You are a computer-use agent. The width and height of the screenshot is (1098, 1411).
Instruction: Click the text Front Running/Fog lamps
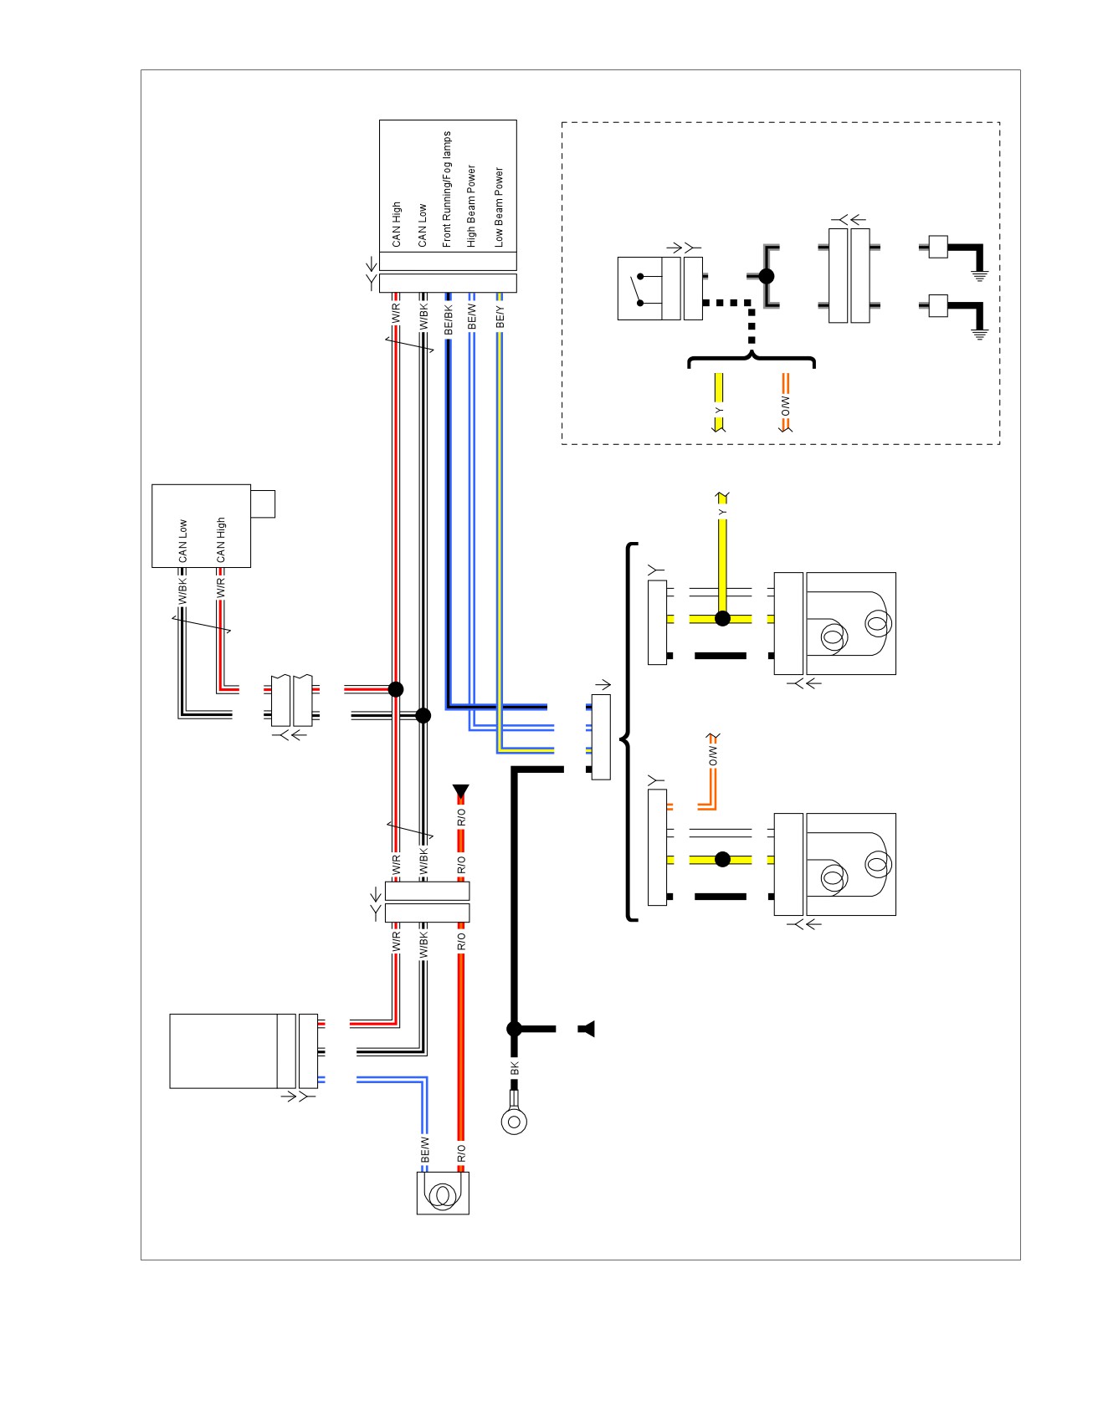(x=447, y=189)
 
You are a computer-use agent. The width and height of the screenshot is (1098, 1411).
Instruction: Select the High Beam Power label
(x=472, y=206)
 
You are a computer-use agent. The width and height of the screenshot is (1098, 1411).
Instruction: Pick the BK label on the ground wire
(x=515, y=1068)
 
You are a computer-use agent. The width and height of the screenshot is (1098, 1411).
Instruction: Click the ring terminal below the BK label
(x=514, y=1120)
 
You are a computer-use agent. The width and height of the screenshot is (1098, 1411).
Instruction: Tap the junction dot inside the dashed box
(x=766, y=276)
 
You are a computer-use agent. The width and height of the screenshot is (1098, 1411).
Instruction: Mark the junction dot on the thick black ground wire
(x=515, y=1029)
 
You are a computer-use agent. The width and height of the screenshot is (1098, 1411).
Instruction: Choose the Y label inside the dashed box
(x=718, y=411)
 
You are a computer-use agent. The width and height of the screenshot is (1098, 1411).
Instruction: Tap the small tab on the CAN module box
(x=263, y=504)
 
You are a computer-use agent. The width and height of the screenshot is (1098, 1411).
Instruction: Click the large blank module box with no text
(x=233, y=1051)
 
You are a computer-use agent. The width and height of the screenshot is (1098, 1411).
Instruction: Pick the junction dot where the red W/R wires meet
(x=396, y=689)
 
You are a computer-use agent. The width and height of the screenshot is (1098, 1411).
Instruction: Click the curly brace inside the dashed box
(x=751, y=361)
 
